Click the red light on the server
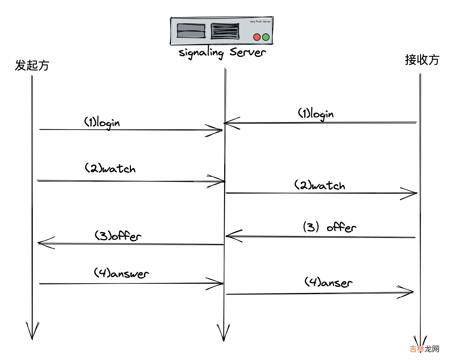(257, 37)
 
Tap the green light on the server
(266, 37)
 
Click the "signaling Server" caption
(222, 52)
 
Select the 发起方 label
(32, 65)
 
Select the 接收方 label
(422, 59)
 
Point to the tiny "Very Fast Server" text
(260, 22)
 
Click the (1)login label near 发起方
(102, 122)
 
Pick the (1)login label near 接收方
(316, 114)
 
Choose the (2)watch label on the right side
(320, 185)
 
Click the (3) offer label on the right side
(329, 227)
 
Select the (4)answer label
(121, 273)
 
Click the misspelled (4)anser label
(328, 282)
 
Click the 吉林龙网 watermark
(424, 349)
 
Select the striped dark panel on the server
(225, 31)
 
